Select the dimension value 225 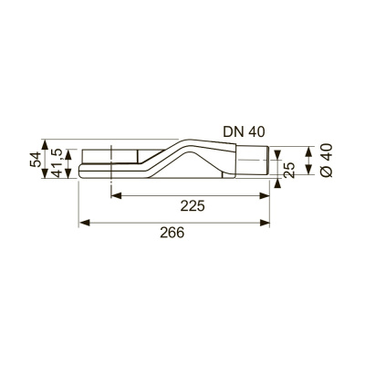[x=192, y=206]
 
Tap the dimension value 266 [x=172, y=234]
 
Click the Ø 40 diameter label [x=325, y=162]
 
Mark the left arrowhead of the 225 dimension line [x=115, y=194]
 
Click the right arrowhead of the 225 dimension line [x=268, y=194]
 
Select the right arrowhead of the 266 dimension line [x=268, y=221]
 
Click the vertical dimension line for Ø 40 [x=311, y=162]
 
